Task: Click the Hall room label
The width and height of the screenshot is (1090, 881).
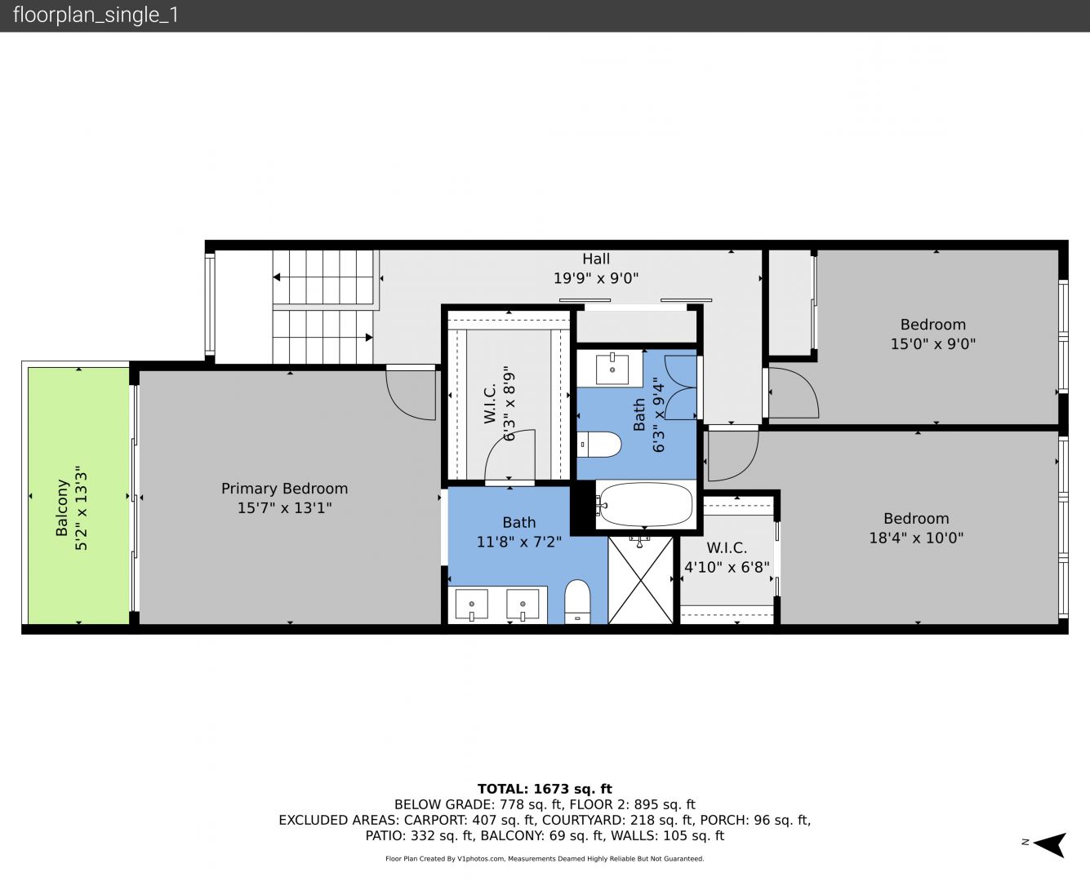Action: (596, 259)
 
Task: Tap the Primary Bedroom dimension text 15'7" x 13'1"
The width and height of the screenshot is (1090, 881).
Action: (284, 507)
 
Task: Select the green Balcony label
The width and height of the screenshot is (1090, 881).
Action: (62, 507)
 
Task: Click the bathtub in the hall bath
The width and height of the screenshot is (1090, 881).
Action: (646, 505)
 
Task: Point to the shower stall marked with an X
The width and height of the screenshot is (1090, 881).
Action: (641, 580)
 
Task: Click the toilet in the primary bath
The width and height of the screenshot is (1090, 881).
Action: (577, 601)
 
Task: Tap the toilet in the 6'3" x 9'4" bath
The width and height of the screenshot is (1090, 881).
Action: (599, 445)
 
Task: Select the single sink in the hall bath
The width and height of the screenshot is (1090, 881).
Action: (612, 369)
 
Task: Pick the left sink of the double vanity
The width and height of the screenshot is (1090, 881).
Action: (472, 604)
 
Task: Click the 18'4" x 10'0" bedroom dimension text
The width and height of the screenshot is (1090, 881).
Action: (916, 538)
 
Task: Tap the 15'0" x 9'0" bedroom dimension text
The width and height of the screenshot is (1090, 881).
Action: (933, 343)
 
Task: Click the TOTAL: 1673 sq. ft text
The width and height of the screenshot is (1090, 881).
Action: (545, 789)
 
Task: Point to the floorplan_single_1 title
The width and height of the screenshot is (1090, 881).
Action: (96, 15)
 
